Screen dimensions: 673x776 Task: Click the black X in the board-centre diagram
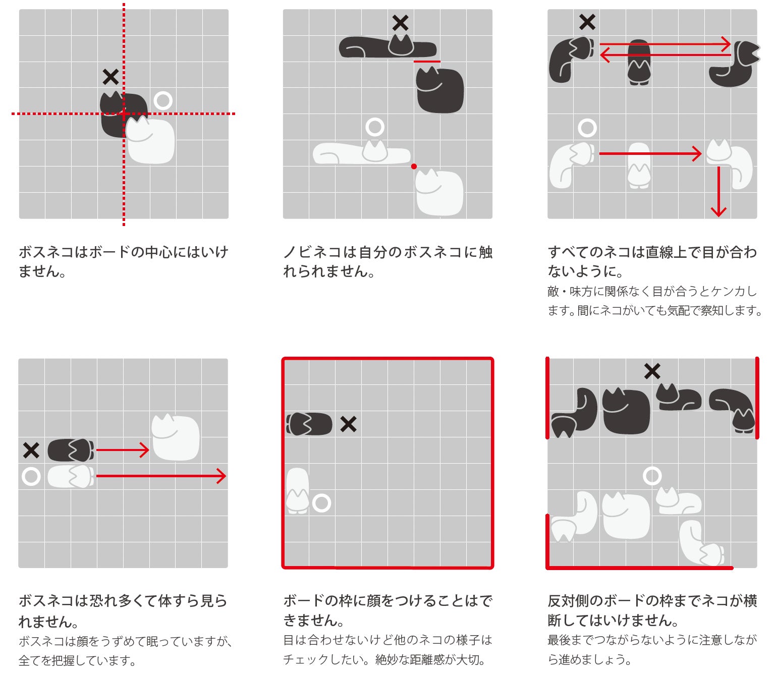pos(110,77)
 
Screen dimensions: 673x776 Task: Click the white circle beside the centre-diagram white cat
pos(163,101)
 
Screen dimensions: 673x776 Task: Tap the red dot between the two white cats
pos(414,166)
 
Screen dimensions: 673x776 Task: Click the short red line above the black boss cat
pos(427,62)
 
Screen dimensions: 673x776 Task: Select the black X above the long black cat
pos(400,23)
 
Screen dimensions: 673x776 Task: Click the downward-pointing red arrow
pos(718,192)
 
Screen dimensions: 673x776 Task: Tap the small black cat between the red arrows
pos(639,62)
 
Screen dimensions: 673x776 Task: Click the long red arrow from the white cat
pos(160,476)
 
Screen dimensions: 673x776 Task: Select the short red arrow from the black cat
pos(123,450)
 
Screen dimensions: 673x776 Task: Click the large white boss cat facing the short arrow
pos(176,437)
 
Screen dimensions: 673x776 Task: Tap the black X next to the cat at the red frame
pos(348,424)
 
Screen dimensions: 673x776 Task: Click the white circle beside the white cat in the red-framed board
pos(321,502)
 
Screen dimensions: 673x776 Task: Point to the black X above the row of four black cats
pos(652,371)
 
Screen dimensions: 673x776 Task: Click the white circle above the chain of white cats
pos(652,476)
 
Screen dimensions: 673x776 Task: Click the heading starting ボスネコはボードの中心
pos(124,261)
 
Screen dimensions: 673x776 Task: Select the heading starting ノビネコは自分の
pos(387,261)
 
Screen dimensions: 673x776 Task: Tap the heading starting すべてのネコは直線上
pos(652,261)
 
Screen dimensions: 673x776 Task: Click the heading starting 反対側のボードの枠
pos(652,610)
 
